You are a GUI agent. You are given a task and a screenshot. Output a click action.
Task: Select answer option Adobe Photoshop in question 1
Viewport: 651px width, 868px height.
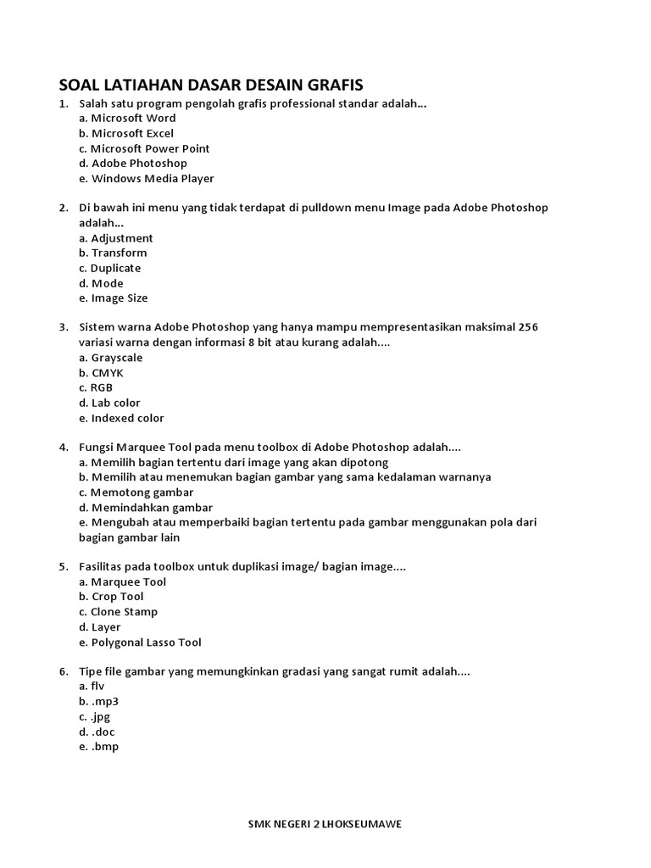coord(133,164)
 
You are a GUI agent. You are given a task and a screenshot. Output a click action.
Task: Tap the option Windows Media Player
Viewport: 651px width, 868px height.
coord(146,179)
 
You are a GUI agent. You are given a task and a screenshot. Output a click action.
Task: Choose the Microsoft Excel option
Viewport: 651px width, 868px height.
coord(126,134)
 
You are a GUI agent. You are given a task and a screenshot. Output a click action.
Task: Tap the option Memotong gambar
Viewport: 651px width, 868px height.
coord(136,492)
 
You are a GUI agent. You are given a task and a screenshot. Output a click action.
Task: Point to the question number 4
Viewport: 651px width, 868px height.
coord(64,447)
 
